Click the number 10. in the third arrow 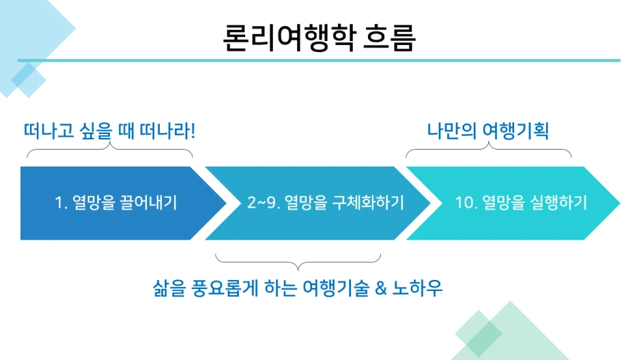[466, 203]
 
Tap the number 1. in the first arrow [60, 203]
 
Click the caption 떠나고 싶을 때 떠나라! [109, 129]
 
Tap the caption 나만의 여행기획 [488, 130]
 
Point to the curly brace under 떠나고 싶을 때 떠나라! [109, 152]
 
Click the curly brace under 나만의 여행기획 [488, 152]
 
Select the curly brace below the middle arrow [298, 260]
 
